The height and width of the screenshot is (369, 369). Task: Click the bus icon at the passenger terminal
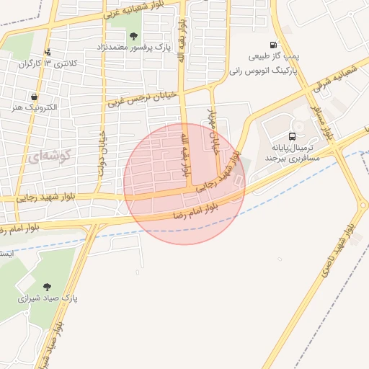pos(293,135)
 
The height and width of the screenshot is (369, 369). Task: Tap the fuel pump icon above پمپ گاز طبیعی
pos(272,45)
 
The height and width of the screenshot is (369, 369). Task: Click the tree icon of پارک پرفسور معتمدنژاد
pos(133,36)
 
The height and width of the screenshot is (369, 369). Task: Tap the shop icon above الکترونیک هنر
pos(34,96)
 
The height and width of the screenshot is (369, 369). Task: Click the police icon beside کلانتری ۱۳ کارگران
pos(48,52)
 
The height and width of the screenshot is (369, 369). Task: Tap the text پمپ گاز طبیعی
pos(272,55)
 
